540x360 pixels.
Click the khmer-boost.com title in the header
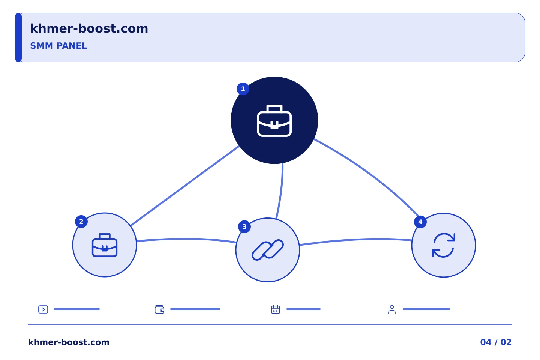(x=89, y=28)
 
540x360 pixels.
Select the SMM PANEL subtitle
(x=58, y=46)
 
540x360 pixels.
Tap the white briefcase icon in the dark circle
(x=274, y=121)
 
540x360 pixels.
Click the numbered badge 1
(x=243, y=89)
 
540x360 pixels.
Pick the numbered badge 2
(x=81, y=222)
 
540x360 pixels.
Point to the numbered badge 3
(x=244, y=226)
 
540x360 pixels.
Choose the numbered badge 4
(x=420, y=222)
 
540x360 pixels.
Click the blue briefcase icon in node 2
(x=105, y=245)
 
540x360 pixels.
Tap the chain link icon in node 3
(x=268, y=250)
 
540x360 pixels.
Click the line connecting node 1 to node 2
(x=185, y=186)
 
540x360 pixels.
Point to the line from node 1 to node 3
(x=281, y=191)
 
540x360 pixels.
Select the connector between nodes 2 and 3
(x=186, y=239)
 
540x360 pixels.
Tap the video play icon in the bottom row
(x=43, y=309)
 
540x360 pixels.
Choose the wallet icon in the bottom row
(x=159, y=309)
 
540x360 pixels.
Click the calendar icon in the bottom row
(x=276, y=309)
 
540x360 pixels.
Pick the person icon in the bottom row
(x=392, y=309)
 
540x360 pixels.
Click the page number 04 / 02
(x=496, y=342)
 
